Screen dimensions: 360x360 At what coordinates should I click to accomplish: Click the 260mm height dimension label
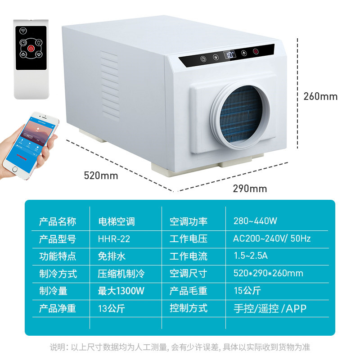(320, 96)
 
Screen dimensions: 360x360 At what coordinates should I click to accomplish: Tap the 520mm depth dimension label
(101, 175)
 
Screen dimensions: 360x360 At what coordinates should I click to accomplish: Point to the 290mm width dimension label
(250, 189)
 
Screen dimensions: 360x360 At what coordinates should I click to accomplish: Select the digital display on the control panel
(230, 56)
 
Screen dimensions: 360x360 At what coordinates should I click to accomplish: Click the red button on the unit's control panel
(256, 52)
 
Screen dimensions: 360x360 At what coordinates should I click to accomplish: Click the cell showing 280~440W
(255, 221)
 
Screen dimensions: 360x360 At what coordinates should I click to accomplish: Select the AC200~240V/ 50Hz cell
(272, 238)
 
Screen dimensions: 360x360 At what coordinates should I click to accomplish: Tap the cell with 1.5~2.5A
(251, 256)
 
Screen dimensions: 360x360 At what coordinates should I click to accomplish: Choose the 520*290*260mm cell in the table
(268, 273)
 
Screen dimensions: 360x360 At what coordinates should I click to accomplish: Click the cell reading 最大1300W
(121, 291)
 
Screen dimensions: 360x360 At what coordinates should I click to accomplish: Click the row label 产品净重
(57, 308)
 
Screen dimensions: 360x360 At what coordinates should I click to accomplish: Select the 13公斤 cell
(112, 308)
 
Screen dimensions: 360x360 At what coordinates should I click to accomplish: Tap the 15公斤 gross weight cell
(247, 291)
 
